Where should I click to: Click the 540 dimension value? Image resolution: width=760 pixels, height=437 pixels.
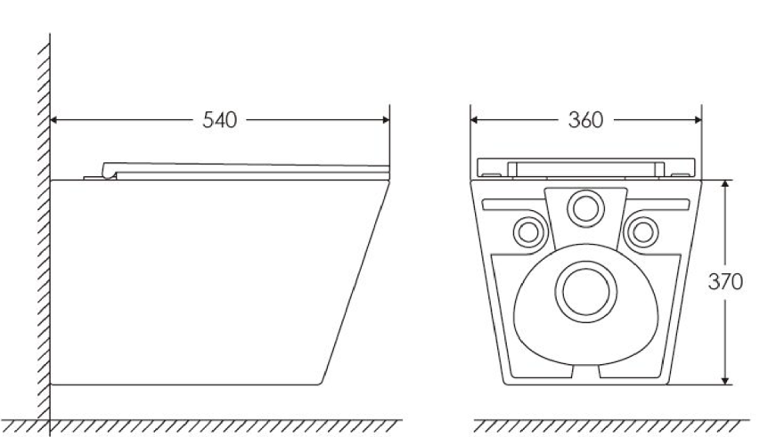pyautogui.click(x=218, y=119)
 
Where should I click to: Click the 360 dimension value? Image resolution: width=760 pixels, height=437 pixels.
pyautogui.click(x=586, y=119)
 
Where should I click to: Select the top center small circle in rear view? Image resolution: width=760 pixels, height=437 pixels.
pyautogui.click(x=585, y=208)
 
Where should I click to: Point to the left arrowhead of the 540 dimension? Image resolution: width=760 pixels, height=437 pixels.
pyautogui.click(x=56, y=119)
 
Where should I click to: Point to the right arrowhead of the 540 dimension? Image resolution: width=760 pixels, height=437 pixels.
pyautogui.click(x=384, y=119)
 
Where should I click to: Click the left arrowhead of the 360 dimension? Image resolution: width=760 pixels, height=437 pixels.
pyautogui.click(x=476, y=119)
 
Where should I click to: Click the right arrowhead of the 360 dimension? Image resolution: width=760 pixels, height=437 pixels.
pyautogui.click(x=696, y=119)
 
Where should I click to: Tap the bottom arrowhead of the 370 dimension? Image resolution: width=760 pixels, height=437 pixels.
pyautogui.click(x=726, y=380)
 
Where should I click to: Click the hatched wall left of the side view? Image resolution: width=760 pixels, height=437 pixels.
pyautogui.click(x=43, y=223)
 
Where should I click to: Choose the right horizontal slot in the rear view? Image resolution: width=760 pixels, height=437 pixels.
pyautogui.click(x=660, y=204)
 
